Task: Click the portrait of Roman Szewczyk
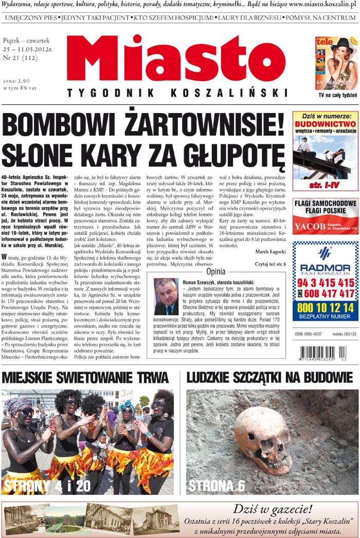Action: (166, 296)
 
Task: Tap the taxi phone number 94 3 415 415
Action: (325, 283)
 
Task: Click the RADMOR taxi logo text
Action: (325, 268)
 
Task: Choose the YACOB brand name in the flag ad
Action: (310, 226)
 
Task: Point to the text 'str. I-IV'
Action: (325, 183)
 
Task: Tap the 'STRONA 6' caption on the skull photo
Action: (217, 486)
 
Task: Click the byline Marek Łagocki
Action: (270, 251)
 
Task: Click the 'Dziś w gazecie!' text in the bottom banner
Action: (272, 510)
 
